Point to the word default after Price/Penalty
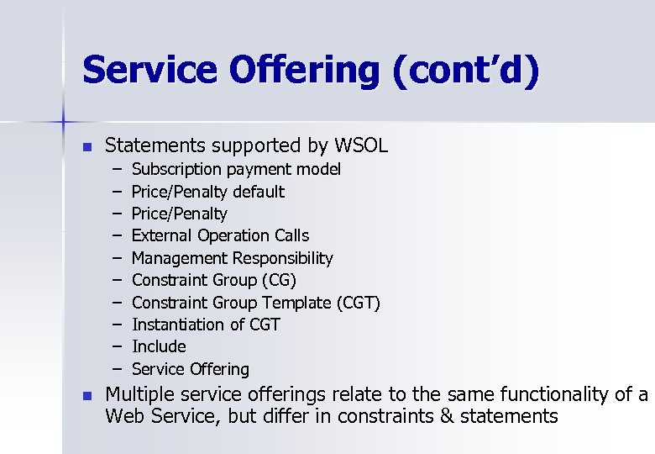[259, 192]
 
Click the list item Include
[159, 346]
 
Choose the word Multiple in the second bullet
[139, 394]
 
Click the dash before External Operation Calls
[115, 235]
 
